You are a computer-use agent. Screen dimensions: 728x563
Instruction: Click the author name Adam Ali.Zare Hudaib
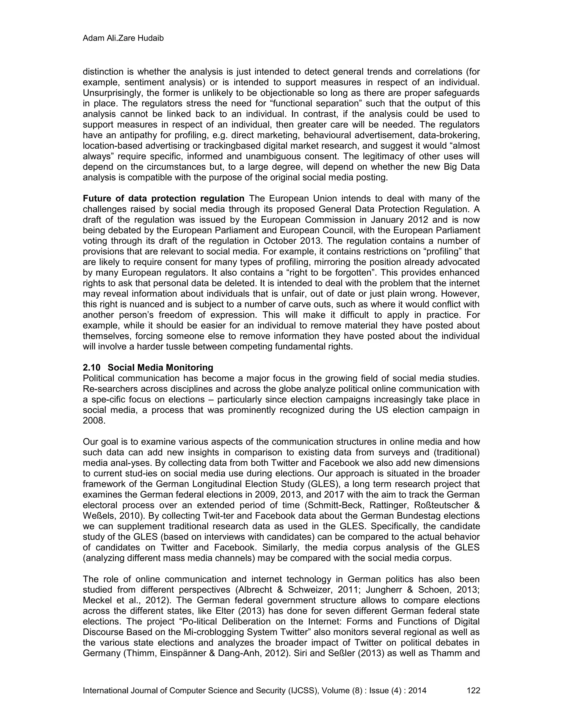123,38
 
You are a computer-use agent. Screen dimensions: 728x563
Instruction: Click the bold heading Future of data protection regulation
164,199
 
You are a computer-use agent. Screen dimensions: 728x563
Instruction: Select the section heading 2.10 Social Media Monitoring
148,368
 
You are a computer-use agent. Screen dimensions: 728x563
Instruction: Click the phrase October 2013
292,241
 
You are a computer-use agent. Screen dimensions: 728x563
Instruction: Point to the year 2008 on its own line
94,421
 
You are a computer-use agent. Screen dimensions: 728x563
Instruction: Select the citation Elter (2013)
241,611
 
